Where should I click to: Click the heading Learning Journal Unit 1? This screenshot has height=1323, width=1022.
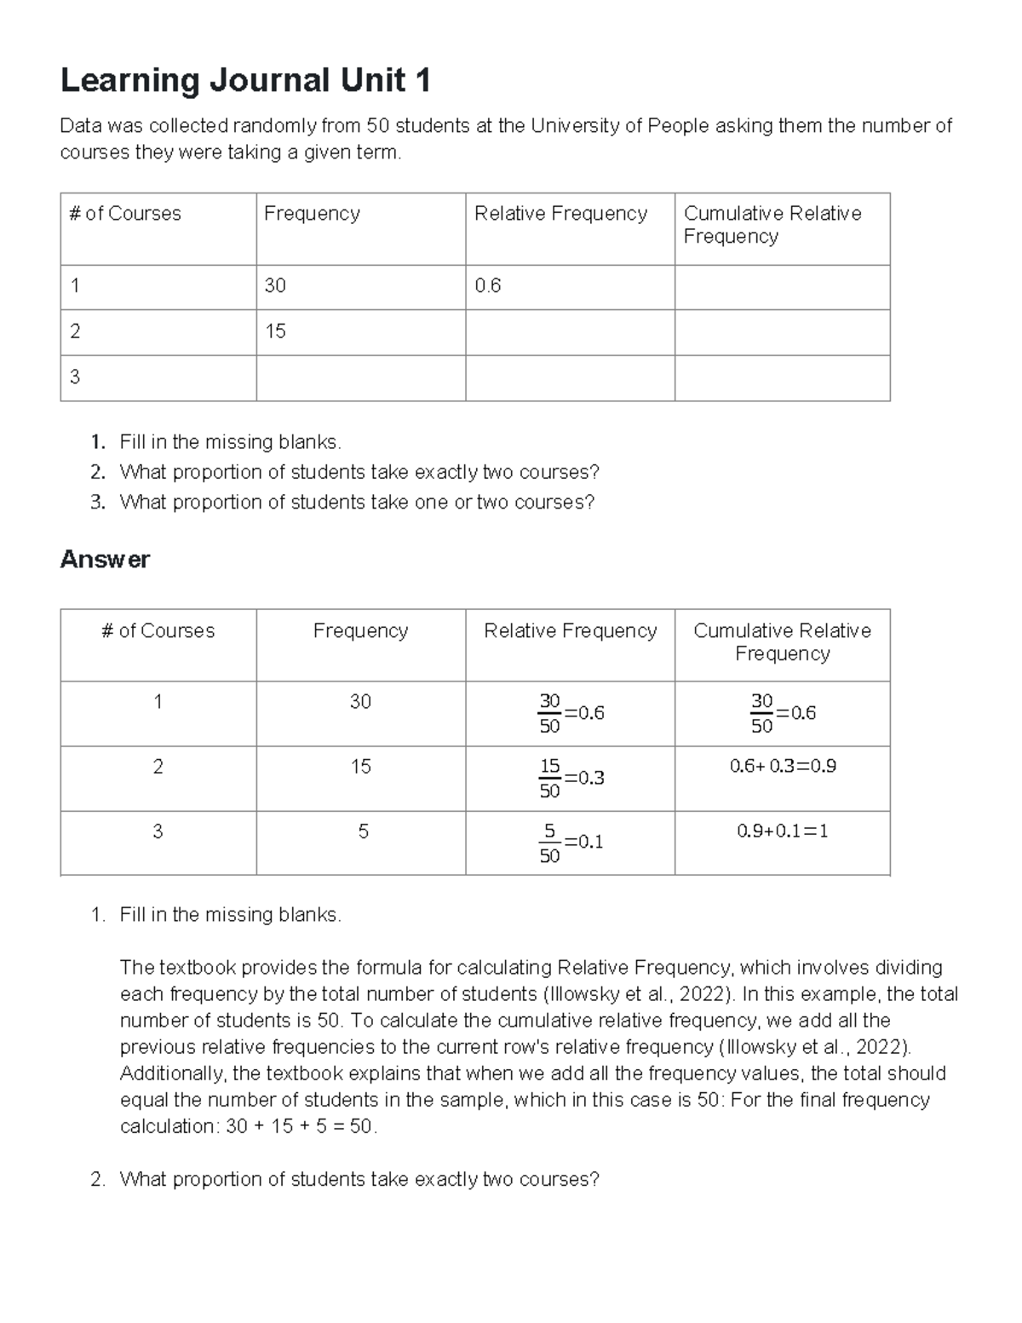click(x=245, y=81)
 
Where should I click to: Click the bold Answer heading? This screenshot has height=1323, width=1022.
click(x=105, y=560)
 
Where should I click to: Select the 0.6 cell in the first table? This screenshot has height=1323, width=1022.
click(x=488, y=286)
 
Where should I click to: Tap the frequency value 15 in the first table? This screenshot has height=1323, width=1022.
click(x=275, y=331)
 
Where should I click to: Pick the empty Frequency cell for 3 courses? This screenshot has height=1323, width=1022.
click(x=360, y=377)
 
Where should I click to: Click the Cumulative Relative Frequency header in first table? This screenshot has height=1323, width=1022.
click(x=772, y=225)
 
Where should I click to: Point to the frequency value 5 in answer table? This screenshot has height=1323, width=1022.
click(x=363, y=831)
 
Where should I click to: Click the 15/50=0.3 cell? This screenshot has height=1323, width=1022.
click(x=571, y=778)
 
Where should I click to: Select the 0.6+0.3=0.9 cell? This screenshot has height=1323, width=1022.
click(x=783, y=766)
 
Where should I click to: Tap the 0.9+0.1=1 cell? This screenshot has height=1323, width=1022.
click(x=783, y=831)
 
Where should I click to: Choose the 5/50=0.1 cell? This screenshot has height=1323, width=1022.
click(x=571, y=843)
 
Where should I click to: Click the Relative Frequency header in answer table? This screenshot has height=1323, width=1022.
click(x=570, y=631)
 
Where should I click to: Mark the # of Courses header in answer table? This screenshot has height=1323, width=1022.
click(x=158, y=631)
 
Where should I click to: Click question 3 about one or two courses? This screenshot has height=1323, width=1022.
click(x=356, y=503)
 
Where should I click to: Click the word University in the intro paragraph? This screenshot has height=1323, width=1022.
click(x=576, y=126)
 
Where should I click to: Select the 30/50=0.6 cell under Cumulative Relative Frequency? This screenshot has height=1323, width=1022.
click(x=783, y=713)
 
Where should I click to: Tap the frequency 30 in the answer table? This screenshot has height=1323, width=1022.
click(x=360, y=702)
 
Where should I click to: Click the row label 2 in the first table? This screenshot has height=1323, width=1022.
click(x=75, y=331)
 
